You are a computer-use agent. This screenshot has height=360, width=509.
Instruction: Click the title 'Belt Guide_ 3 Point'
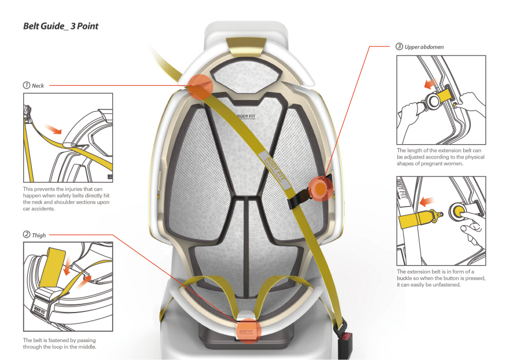(x=64, y=26)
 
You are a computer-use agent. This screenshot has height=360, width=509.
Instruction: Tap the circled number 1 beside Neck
(x=27, y=85)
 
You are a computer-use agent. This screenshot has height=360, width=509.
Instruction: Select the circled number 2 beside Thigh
(x=27, y=235)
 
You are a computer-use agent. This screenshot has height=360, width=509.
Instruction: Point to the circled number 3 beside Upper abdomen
(x=399, y=46)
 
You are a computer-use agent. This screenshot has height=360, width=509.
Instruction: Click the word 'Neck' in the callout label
(x=38, y=85)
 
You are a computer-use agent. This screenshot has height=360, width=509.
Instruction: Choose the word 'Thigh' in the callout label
(x=39, y=235)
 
